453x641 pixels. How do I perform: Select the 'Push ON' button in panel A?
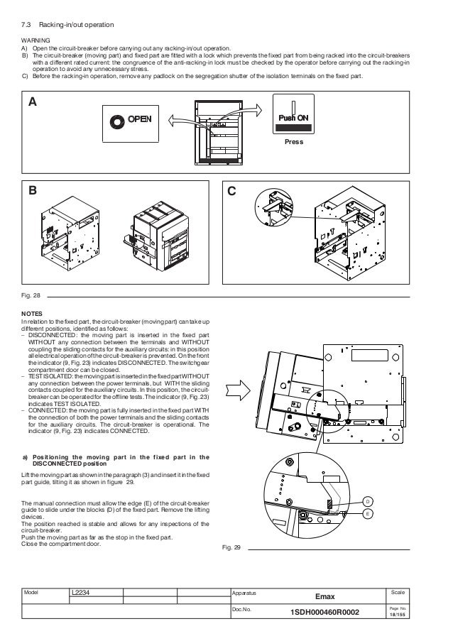(292, 118)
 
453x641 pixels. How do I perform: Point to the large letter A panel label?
(32, 102)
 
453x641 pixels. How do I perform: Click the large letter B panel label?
(32, 191)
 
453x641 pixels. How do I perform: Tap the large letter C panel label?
(231, 191)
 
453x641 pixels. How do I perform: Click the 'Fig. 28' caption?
(31, 295)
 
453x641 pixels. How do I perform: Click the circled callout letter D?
(369, 503)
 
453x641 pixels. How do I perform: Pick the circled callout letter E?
(369, 514)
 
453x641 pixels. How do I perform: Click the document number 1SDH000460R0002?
(331, 613)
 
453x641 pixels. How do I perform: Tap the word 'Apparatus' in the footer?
(244, 591)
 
